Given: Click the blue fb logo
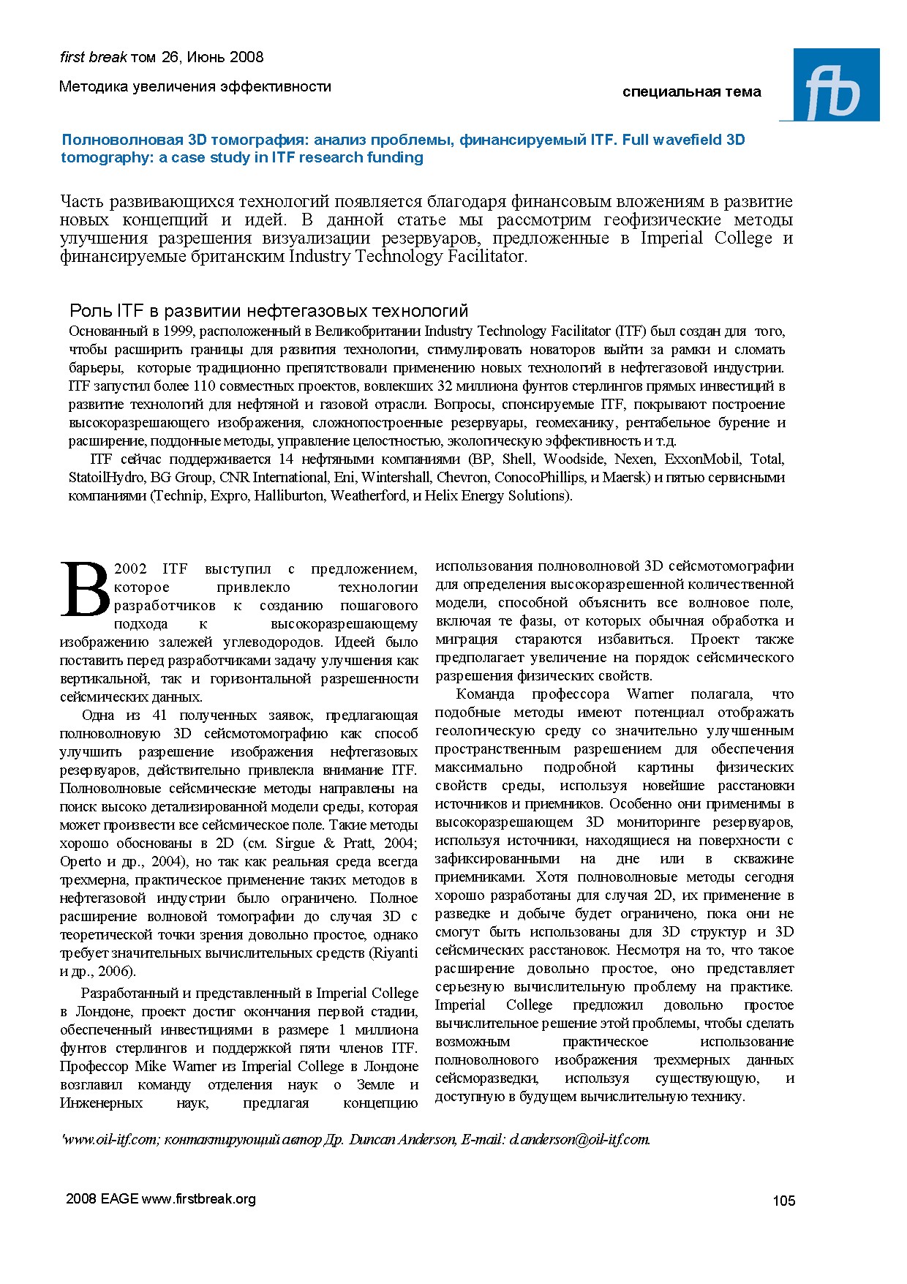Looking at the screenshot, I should [x=835, y=85].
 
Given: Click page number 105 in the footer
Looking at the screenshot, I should [x=783, y=1200].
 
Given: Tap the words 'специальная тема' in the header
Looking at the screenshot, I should [x=691, y=92].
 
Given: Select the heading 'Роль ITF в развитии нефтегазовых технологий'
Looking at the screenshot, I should [x=268, y=311].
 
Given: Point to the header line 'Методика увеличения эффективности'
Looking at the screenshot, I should [x=195, y=86].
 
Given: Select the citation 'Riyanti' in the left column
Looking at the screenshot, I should [x=396, y=953].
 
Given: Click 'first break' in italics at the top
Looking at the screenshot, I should [x=93, y=57].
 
